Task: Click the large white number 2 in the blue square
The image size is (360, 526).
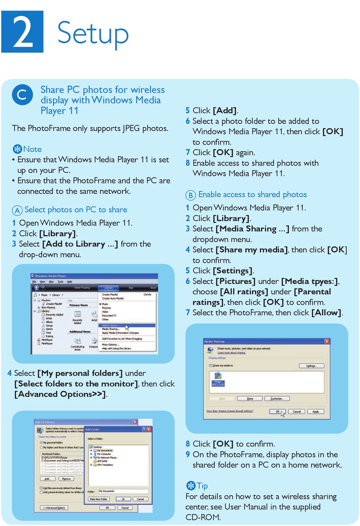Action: click(x=22, y=32)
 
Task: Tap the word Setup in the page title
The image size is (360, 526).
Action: click(x=93, y=33)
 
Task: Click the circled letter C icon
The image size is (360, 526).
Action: click(x=22, y=94)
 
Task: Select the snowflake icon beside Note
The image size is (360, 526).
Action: click(x=17, y=149)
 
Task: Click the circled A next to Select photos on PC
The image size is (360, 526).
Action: click(x=17, y=210)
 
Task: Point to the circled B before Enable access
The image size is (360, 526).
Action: click(x=190, y=195)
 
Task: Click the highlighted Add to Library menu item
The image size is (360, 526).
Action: click(x=111, y=325)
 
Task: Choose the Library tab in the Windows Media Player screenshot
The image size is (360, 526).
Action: click(x=109, y=288)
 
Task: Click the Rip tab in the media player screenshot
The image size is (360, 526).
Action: click(x=131, y=288)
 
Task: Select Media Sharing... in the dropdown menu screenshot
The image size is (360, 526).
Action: click(x=111, y=329)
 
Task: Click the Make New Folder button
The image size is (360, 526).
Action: click(x=99, y=499)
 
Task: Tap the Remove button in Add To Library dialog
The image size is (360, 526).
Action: click(x=66, y=479)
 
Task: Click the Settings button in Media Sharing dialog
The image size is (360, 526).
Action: click(x=311, y=366)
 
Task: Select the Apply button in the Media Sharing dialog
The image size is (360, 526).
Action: click(x=315, y=411)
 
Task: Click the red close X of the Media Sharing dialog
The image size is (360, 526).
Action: click(x=327, y=341)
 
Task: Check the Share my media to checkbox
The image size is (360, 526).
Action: click(x=211, y=366)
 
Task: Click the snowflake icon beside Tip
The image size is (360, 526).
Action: click(x=191, y=485)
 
